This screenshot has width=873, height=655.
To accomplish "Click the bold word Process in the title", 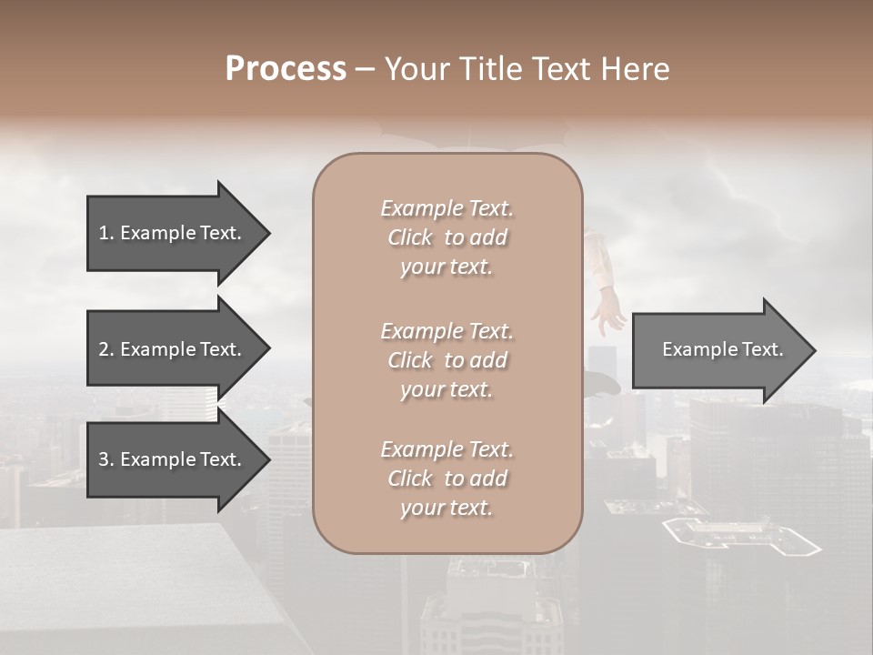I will pos(286,69).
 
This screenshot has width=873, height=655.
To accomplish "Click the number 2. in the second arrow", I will pos(106,349).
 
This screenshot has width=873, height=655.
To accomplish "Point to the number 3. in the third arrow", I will pos(106,459).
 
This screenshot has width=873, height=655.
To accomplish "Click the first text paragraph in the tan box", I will pos(447,237).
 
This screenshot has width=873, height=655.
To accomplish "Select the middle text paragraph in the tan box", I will pos(447,360).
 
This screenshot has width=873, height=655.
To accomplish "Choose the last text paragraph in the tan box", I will pos(447,479).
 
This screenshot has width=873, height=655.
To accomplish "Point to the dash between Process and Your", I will pos(365,70).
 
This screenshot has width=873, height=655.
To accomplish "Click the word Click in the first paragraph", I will pos(409,237).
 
